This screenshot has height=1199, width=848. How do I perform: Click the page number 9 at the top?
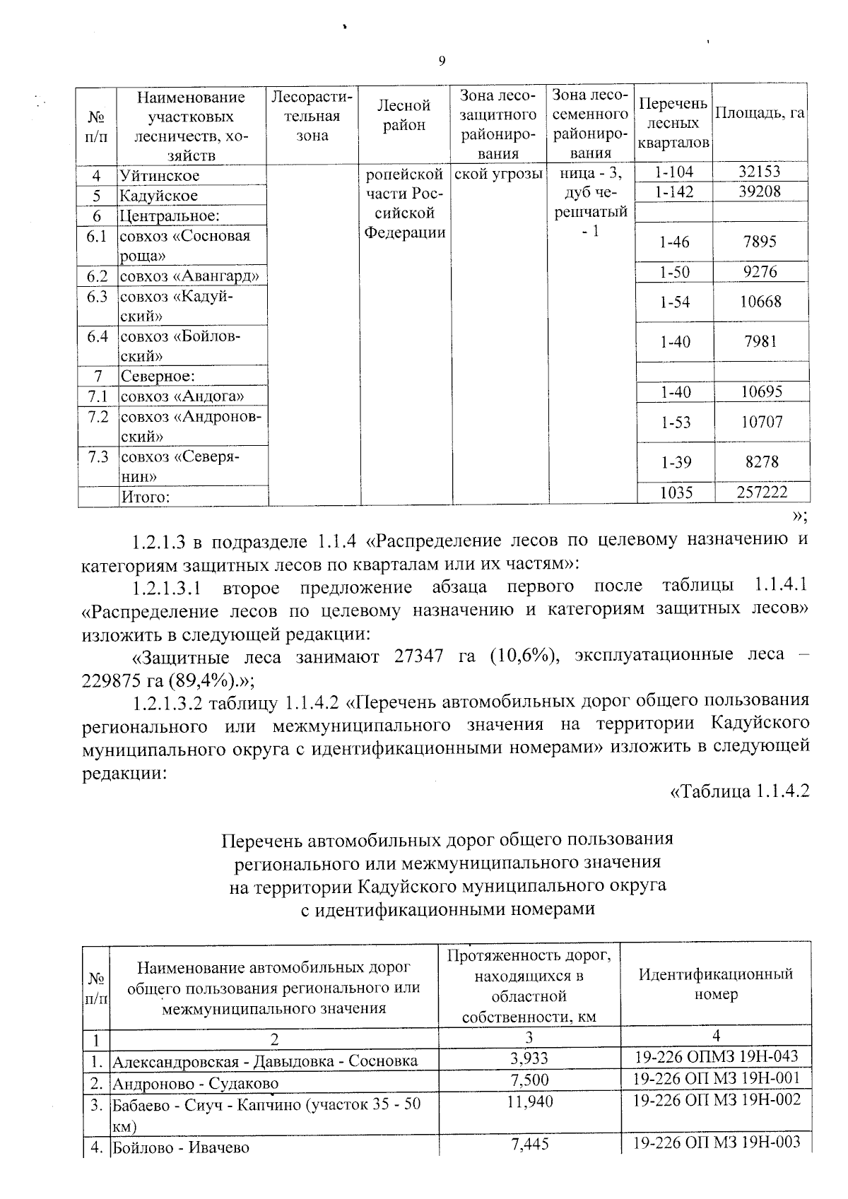pos(442,61)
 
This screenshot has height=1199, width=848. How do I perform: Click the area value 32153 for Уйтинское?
pos(760,172)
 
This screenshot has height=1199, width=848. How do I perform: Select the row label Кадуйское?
pos(159,196)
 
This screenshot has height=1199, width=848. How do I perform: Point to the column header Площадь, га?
pos(760,113)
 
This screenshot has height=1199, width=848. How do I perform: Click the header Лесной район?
pos(404,115)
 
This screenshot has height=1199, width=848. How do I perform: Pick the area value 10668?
pos(760,302)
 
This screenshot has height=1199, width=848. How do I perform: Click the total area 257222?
pos(762,492)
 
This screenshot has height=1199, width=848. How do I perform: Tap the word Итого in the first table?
pos(146,497)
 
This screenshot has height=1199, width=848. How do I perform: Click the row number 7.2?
pos(98,417)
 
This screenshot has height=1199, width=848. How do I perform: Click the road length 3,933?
pos(529,1058)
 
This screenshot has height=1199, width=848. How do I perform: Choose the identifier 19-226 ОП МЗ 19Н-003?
pos(716,1142)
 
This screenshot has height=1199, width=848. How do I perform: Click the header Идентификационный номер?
pos(716,984)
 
